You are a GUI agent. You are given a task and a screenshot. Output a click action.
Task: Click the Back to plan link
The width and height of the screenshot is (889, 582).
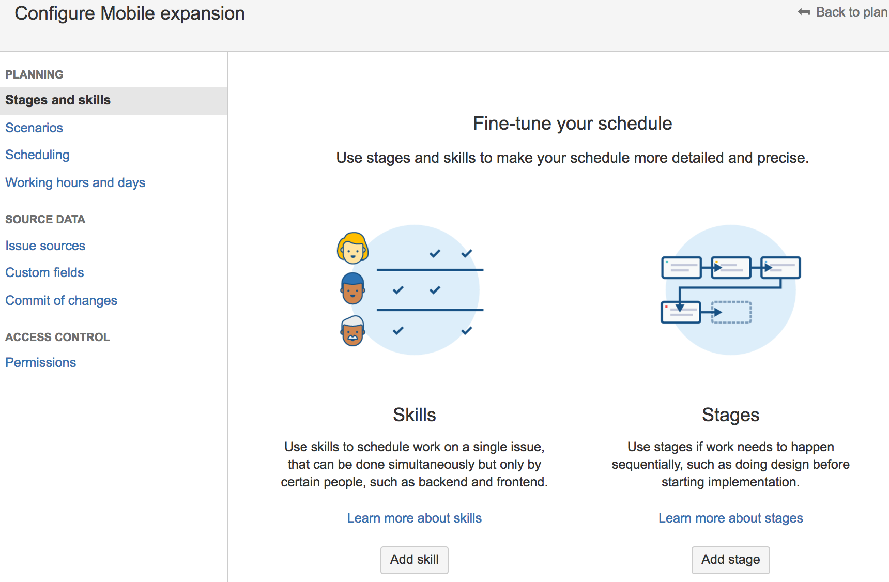pyautogui.click(x=842, y=12)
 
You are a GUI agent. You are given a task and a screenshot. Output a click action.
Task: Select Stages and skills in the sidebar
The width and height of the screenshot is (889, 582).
pyautogui.click(x=58, y=100)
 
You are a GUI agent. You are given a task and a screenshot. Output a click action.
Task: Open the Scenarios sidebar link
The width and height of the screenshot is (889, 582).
pyautogui.click(x=34, y=128)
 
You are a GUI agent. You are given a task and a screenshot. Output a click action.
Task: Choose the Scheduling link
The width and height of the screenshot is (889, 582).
pyautogui.click(x=37, y=155)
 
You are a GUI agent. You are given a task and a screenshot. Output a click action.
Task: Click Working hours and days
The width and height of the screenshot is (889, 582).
pyautogui.click(x=75, y=182)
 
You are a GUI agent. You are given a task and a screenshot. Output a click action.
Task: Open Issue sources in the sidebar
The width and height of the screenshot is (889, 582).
pyautogui.click(x=45, y=246)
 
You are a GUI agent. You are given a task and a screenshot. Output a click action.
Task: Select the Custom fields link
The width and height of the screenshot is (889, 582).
pyautogui.click(x=44, y=272)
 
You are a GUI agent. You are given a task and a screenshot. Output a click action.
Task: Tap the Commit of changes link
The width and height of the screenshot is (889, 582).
pyautogui.click(x=62, y=300)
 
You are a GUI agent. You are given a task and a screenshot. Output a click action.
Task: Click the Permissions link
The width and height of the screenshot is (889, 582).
pyautogui.click(x=41, y=362)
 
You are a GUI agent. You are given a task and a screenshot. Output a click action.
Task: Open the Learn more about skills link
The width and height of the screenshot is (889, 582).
pyautogui.click(x=415, y=518)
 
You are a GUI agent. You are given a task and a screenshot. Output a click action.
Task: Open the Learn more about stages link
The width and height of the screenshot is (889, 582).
pyautogui.click(x=731, y=518)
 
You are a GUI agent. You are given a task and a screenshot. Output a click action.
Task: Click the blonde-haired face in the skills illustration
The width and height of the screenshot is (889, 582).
pyautogui.click(x=353, y=248)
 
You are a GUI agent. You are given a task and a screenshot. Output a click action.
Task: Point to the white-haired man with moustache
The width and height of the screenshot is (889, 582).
pyautogui.click(x=353, y=331)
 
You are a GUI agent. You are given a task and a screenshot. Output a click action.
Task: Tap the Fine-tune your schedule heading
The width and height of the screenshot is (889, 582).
pyautogui.click(x=573, y=124)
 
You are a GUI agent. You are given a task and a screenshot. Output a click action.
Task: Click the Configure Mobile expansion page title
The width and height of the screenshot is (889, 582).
pyautogui.click(x=130, y=13)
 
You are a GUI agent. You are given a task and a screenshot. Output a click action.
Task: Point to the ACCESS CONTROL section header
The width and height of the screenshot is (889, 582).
pyautogui.click(x=57, y=337)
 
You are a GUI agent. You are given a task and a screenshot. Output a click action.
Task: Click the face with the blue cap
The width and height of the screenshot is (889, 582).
pyautogui.click(x=353, y=288)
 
